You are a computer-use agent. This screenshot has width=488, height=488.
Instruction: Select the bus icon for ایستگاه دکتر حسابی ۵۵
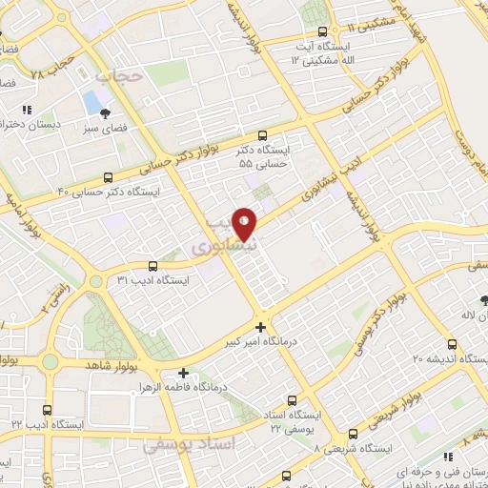pos(262,135)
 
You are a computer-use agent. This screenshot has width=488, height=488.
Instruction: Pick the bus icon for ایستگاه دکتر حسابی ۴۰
pos(109,176)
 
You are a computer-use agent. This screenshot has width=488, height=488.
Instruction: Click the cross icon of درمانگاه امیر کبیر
pos(261,325)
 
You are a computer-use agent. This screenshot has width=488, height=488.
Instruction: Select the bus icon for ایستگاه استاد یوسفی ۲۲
pos(292,400)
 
